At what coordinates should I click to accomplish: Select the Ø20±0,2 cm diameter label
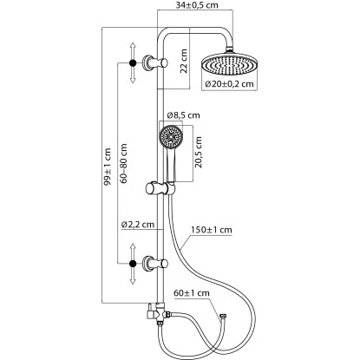click(229, 83)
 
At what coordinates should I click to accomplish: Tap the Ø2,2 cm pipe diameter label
click(138, 225)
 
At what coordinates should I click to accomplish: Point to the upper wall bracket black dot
click(132, 62)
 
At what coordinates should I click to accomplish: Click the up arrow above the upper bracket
click(132, 44)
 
